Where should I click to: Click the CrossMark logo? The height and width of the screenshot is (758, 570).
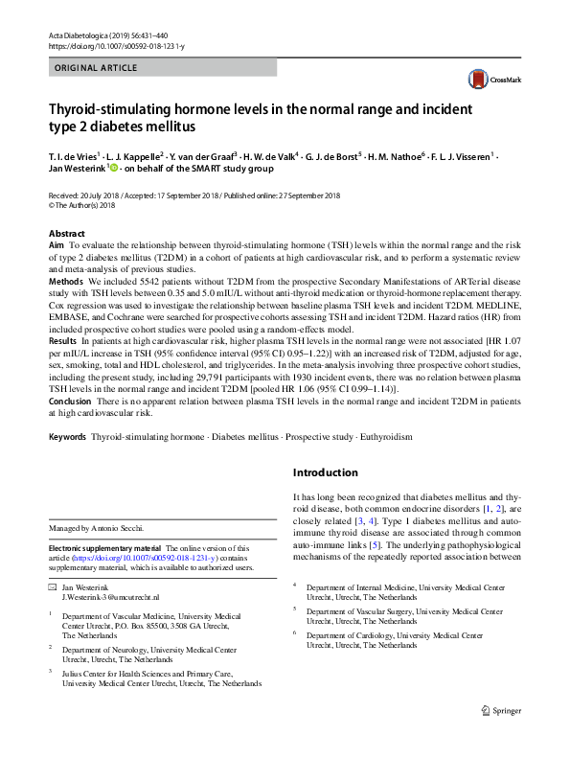pyautogui.click(x=491, y=80)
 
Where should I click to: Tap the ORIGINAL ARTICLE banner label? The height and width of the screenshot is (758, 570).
pyautogui.click(x=96, y=68)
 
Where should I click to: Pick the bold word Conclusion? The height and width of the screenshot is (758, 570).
pyautogui.click(x=70, y=401)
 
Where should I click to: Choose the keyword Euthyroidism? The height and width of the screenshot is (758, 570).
pyautogui.click(x=385, y=436)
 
